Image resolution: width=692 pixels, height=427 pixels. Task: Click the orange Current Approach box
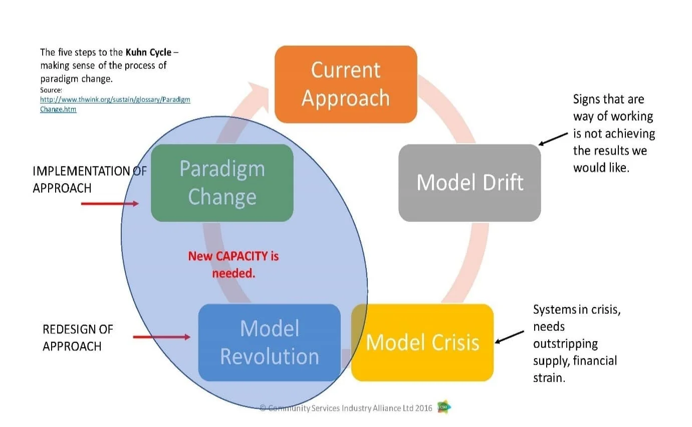click(x=346, y=84)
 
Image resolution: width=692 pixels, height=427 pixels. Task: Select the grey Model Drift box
click(x=470, y=183)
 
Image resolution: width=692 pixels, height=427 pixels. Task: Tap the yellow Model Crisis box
click(x=422, y=343)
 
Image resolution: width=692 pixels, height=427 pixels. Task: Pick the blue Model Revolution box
click(x=270, y=343)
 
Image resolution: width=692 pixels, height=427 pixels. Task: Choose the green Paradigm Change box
click(x=222, y=183)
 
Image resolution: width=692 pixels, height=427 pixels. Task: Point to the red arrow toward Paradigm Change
click(x=110, y=204)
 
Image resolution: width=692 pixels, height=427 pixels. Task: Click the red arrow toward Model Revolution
click(x=161, y=337)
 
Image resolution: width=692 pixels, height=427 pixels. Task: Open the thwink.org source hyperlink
click(x=115, y=104)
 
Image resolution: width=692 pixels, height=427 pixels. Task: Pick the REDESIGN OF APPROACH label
click(x=78, y=338)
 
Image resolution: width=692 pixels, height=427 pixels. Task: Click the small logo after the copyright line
click(x=443, y=407)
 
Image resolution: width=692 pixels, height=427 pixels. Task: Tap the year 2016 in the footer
click(x=423, y=408)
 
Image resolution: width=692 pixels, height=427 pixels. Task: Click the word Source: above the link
click(x=51, y=90)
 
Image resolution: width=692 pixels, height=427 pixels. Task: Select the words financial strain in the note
click(x=575, y=369)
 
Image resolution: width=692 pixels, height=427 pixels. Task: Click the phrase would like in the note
click(x=601, y=168)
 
